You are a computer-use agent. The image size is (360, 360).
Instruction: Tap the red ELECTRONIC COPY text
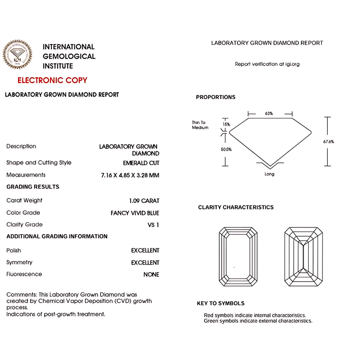(52, 80)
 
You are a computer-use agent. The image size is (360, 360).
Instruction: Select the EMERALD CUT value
(141, 163)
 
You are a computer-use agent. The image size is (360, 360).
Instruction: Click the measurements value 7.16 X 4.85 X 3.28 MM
(130, 175)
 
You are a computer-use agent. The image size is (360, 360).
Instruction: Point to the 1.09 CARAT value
(144, 201)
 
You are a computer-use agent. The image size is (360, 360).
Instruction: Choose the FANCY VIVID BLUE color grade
(135, 213)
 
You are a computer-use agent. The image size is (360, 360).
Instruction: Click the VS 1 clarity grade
(153, 225)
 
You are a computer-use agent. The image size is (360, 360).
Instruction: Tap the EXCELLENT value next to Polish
(145, 250)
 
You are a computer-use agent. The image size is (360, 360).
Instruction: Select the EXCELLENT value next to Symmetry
(145, 263)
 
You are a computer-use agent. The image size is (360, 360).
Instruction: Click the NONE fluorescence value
(151, 275)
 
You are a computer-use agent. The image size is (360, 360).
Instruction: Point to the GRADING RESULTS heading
(33, 187)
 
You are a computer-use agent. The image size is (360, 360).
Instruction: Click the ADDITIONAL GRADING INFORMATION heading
(57, 236)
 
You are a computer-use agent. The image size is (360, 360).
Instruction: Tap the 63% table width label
(269, 113)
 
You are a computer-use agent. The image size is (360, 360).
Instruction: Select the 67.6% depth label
(328, 142)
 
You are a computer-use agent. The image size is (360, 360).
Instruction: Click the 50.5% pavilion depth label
(226, 149)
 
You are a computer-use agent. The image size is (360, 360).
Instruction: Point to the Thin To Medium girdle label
(200, 125)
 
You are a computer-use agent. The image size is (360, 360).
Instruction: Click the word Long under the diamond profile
(269, 174)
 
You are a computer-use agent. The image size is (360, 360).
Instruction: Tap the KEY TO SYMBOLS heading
(221, 303)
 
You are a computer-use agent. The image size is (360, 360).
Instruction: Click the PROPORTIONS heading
(216, 97)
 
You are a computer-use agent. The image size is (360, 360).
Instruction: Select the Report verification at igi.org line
(267, 64)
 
